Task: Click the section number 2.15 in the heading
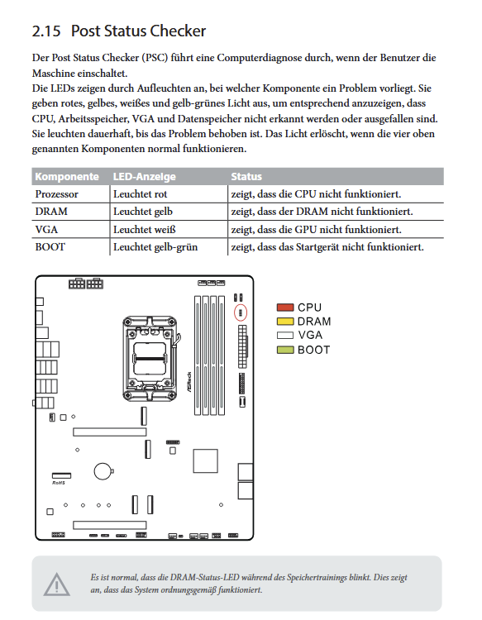pos(46,31)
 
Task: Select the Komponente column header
pos(67,176)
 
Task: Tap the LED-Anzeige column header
pos(145,177)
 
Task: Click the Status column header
pos(246,176)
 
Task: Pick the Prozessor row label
pos(56,194)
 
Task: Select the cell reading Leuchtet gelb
pos(143,212)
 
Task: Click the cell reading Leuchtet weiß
pos(145,229)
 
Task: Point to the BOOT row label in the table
pos(50,247)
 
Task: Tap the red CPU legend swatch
pos(285,308)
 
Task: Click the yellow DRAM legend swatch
pos(285,321)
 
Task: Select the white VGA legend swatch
pos(285,336)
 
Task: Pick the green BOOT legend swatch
pos(285,350)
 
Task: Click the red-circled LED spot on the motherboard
pos(241,312)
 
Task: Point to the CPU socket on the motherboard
pos(150,359)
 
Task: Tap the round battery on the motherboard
pos(103,471)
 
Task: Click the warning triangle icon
pos(56,584)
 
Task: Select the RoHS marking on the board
pos(59,483)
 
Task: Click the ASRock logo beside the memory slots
pos(189,382)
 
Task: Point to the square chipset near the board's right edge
pos(205,460)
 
